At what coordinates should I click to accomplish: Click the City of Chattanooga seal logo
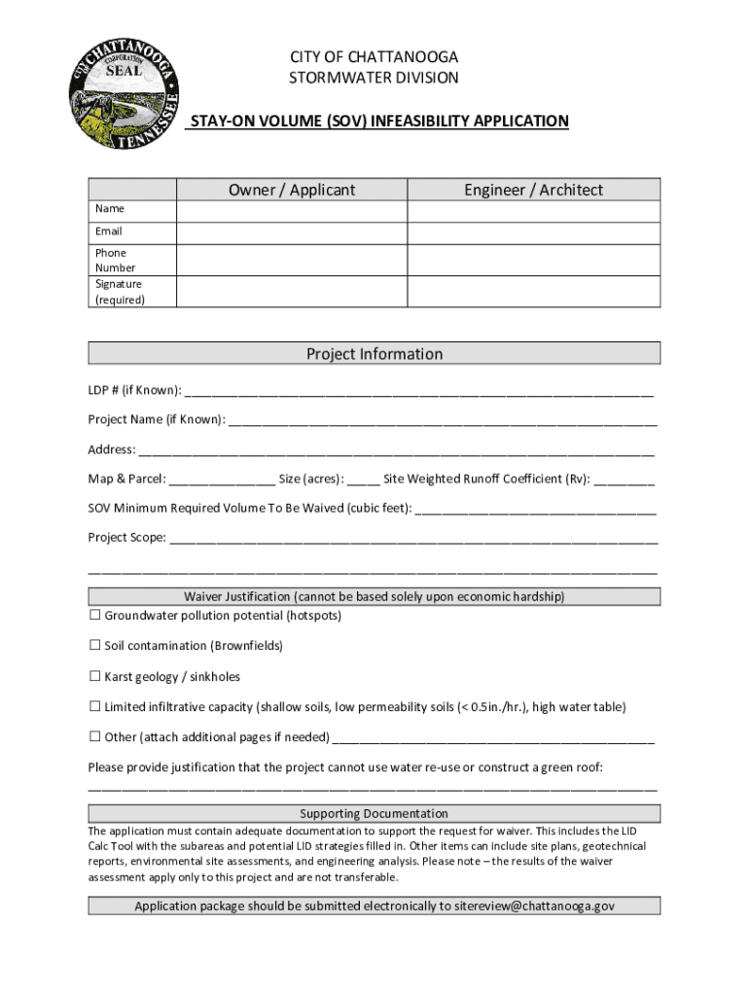[x=123, y=94]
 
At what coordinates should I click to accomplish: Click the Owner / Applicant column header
[x=292, y=190]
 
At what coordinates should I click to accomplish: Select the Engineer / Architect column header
[x=533, y=190]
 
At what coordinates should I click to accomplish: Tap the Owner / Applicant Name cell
[x=291, y=211]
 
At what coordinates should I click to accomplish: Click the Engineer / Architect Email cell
[x=533, y=232]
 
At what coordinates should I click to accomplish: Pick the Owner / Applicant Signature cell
[x=291, y=292]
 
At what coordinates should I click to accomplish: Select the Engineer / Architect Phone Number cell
[x=533, y=260]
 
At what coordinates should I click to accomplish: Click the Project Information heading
[x=374, y=354]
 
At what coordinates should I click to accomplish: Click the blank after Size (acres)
[x=363, y=480]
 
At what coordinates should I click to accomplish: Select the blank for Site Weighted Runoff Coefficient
[x=624, y=480]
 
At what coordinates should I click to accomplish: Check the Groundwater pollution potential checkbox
[x=95, y=616]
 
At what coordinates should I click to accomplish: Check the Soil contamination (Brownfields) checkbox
[x=95, y=646]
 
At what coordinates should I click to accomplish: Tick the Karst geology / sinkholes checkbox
[x=95, y=677]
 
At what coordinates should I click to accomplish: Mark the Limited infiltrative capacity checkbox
[x=95, y=707]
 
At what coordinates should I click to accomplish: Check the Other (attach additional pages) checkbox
[x=95, y=737]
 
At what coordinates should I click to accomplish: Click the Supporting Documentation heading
[x=374, y=814]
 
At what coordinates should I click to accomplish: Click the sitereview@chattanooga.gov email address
[x=535, y=907]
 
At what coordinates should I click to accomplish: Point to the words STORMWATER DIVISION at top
[x=374, y=78]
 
